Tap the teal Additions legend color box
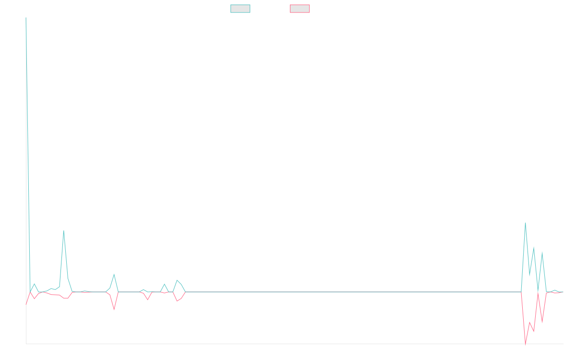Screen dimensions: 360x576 (240, 9)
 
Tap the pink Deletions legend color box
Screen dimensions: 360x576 (300, 9)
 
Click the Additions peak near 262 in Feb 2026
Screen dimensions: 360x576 (526, 223)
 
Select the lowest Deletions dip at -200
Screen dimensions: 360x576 (526, 344)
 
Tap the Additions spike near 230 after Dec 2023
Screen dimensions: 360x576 (63, 231)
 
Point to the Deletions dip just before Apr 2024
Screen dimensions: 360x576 (114, 310)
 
